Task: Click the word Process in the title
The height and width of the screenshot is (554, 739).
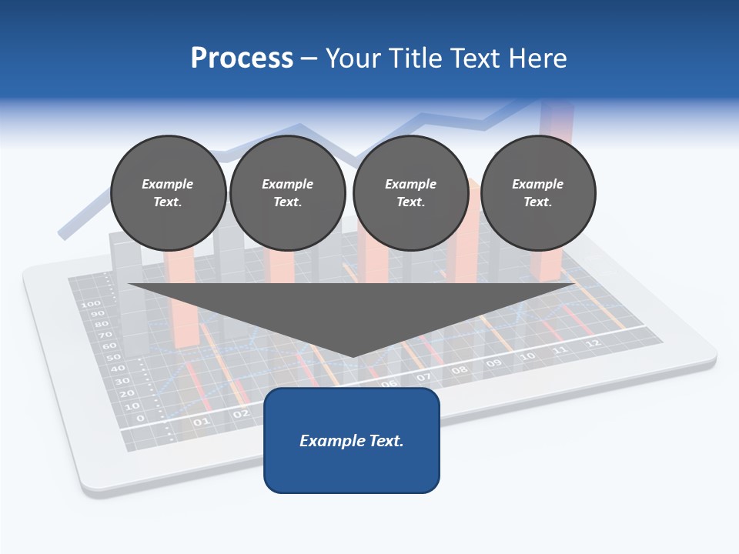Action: point(242,58)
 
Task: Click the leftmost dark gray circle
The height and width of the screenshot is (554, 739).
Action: point(168,193)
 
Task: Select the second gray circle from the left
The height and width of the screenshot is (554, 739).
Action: point(288,193)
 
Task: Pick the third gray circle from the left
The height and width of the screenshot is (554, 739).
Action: point(410,193)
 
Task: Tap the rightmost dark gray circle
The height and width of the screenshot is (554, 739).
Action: point(538,193)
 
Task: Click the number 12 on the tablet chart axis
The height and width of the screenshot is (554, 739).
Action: point(592,343)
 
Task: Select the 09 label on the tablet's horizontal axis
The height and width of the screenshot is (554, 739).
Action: point(493,363)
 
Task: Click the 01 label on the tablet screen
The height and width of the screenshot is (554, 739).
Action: point(201,422)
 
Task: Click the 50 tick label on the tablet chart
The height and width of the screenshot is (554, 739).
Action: point(112,358)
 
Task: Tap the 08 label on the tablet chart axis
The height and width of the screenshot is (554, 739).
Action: point(460,370)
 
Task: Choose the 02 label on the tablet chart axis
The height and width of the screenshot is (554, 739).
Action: point(241,414)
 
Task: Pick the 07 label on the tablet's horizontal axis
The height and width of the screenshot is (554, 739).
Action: point(424,378)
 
